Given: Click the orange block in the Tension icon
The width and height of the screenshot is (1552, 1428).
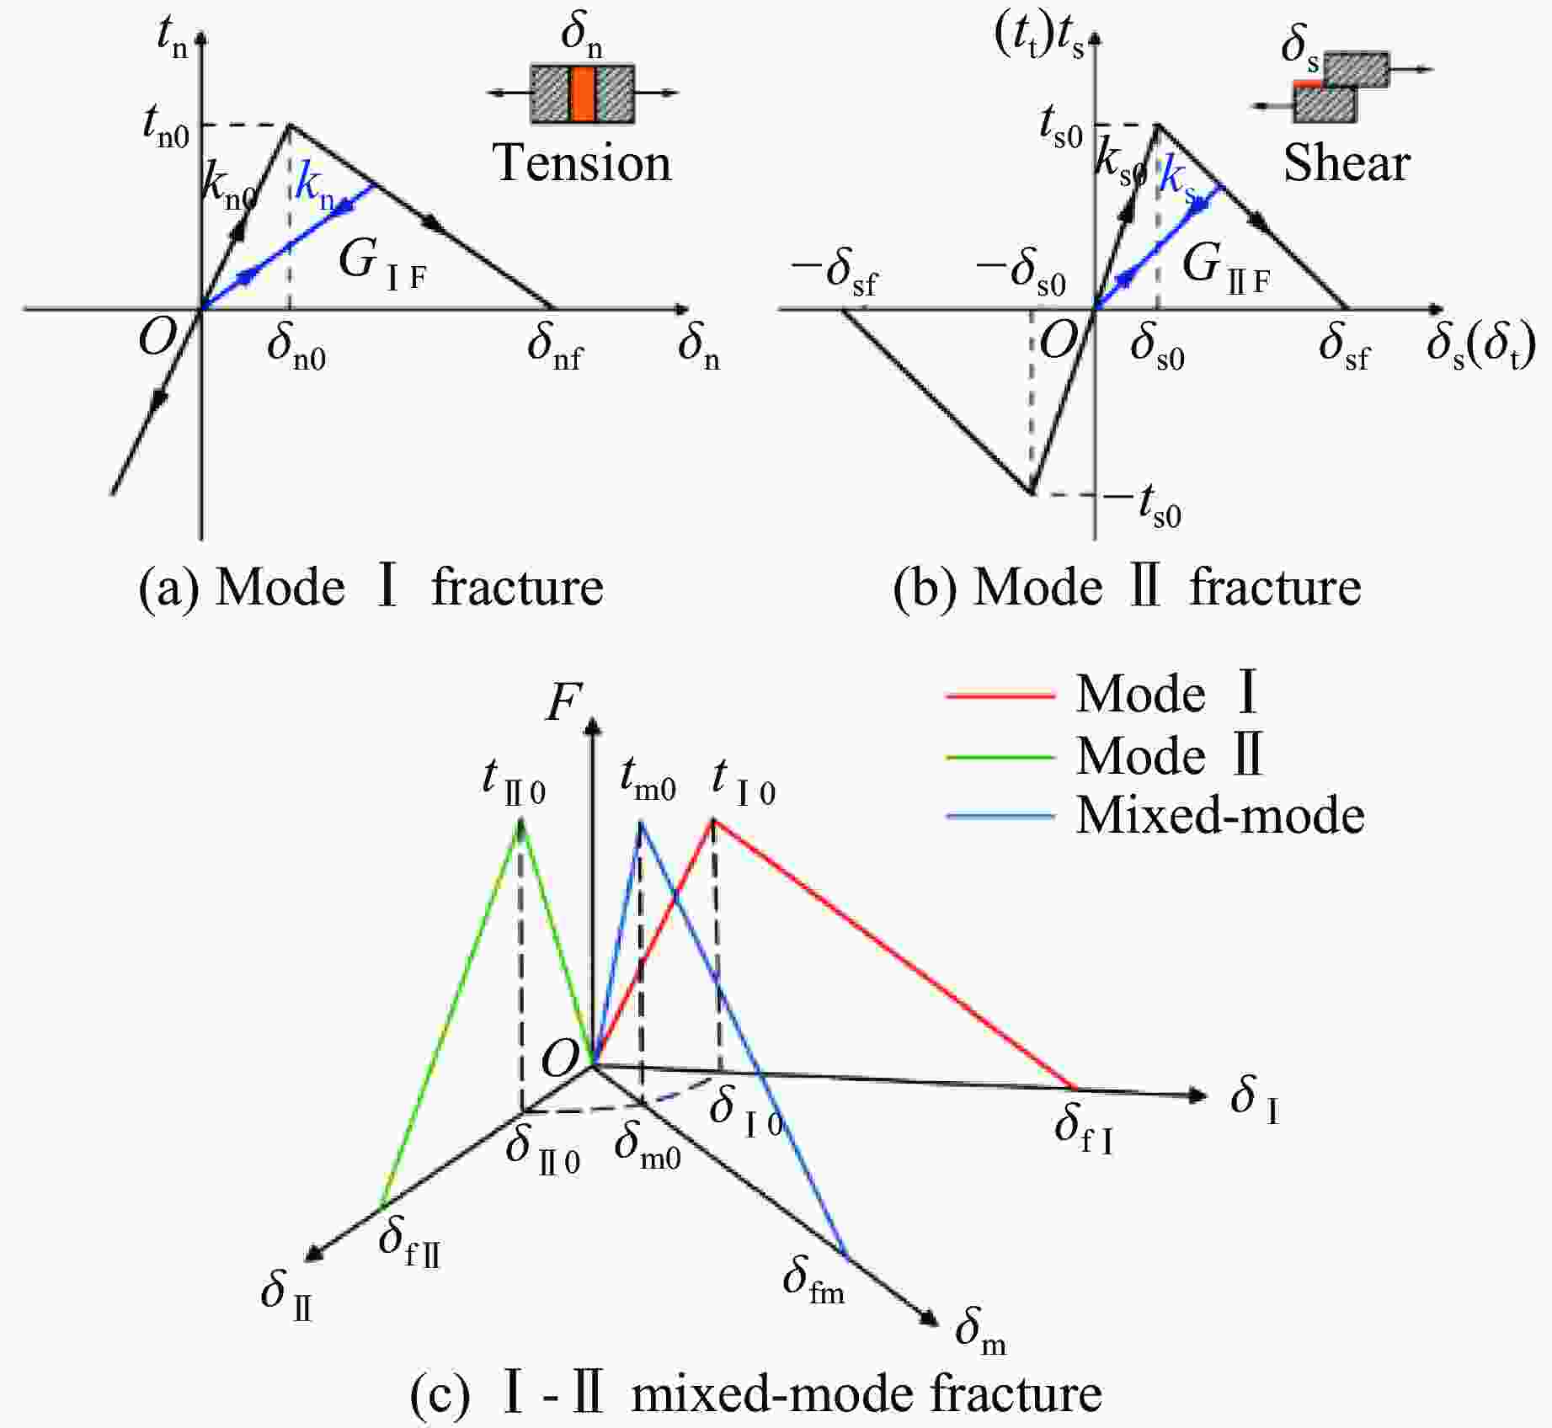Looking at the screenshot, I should (x=582, y=93).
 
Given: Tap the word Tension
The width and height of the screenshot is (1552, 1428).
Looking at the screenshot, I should (x=582, y=163).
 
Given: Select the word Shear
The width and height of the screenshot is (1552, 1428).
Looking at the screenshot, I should (x=1346, y=163).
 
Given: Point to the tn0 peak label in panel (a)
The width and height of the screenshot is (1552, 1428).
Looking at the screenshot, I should (x=166, y=127).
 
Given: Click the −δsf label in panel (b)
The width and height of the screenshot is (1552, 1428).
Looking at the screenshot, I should (x=835, y=273).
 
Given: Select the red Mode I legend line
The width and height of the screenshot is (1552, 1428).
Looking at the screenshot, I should (x=1000, y=695).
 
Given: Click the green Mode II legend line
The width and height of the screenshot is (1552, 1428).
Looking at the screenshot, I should (x=1000, y=756).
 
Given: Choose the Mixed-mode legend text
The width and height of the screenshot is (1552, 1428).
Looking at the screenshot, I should (x=1220, y=815).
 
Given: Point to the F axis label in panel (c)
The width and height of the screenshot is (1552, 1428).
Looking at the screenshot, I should (x=563, y=703).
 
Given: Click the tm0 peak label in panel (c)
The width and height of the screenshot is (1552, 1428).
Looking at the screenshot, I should (x=648, y=780).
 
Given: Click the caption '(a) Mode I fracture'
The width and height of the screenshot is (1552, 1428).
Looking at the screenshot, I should (x=371, y=587).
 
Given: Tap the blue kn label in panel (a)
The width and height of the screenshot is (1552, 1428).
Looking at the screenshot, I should (x=314, y=187).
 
